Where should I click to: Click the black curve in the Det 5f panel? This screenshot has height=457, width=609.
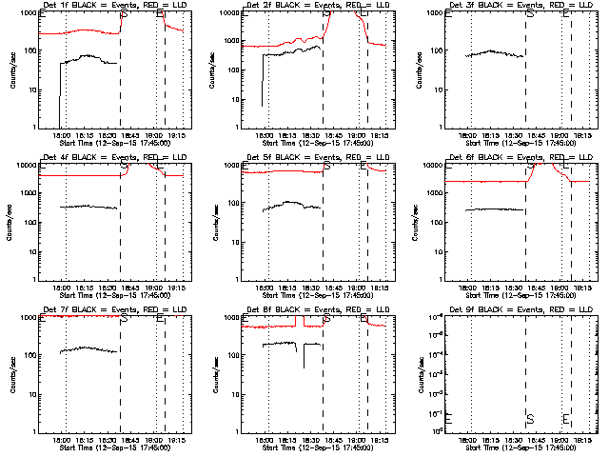click(x=290, y=203)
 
